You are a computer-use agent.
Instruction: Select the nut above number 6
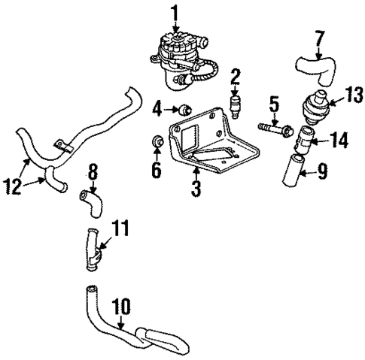point(158,141)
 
